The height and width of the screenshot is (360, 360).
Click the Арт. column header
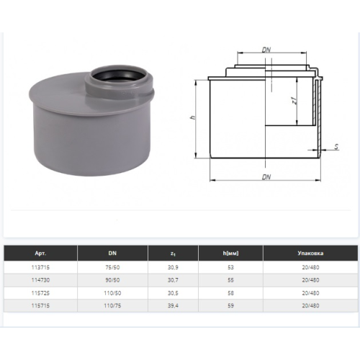point(40,253)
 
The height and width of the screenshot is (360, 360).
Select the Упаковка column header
point(310,253)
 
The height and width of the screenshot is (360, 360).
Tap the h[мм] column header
point(230,253)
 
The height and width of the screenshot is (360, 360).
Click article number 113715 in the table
point(40,267)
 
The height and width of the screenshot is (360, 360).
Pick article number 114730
point(40,280)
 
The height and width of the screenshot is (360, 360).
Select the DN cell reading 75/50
point(112,267)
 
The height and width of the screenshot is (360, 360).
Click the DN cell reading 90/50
point(112,280)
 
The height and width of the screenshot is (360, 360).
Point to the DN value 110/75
point(112,305)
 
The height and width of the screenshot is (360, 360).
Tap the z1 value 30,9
point(173,267)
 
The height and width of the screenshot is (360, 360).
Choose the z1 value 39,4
point(173,305)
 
